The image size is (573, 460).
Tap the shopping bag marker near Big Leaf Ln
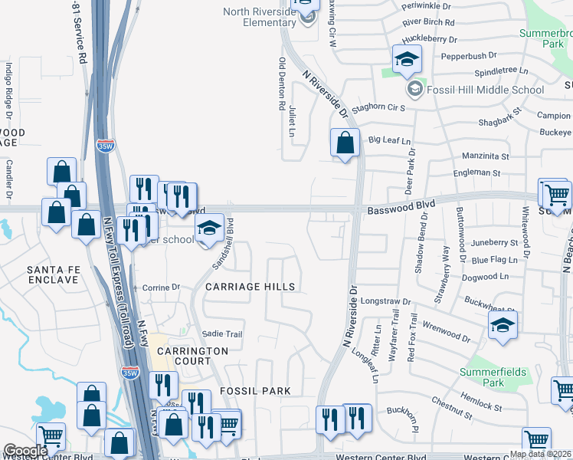point(345,143)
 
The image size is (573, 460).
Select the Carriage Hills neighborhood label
point(250,286)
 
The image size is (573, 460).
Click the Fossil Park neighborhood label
point(255,391)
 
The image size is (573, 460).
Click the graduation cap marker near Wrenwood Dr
point(503,327)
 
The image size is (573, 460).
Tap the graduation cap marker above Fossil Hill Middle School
point(408,59)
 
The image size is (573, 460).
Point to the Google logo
point(25,451)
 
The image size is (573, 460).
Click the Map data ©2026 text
point(540,454)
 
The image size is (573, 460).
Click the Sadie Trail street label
point(222,334)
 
